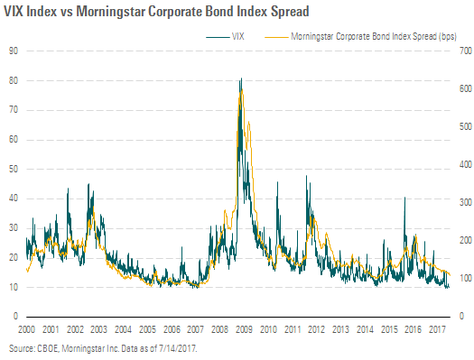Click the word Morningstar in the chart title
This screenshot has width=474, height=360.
tap(110, 12)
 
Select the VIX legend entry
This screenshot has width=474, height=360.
tap(225, 37)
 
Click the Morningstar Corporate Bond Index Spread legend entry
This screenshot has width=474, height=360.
tap(360, 37)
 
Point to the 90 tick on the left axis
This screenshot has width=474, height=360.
tap(14, 51)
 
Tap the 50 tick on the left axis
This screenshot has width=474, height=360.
tap(14, 169)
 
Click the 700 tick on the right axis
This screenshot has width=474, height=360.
tap(466, 51)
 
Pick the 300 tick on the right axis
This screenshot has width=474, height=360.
tap(466, 202)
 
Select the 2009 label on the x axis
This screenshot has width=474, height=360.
tap(244, 329)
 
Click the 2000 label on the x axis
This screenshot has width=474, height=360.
tap(26, 329)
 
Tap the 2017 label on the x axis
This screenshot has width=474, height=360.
tap(437, 329)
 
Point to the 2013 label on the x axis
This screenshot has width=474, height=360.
tap(340, 329)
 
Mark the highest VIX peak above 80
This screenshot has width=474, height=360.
tap(241, 78)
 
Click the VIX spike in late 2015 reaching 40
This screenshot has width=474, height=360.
tap(404, 198)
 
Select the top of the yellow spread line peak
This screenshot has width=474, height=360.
tap(241, 89)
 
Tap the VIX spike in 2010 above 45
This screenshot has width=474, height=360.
tap(277, 182)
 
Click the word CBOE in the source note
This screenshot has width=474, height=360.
tap(49, 348)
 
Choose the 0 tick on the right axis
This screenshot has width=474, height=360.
tap(461, 316)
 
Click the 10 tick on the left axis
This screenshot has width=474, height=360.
tap(14, 287)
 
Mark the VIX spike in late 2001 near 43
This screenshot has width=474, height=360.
tap(68, 189)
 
